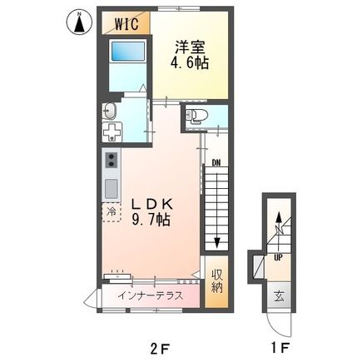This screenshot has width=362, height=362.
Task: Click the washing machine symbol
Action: click(111, 134)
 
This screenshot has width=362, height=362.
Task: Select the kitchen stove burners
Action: click(111, 161)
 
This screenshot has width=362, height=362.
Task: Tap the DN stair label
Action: click(214, 161)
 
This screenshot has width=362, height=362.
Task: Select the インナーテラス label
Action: click(150, 295)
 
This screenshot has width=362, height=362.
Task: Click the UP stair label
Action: click(277, 256)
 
